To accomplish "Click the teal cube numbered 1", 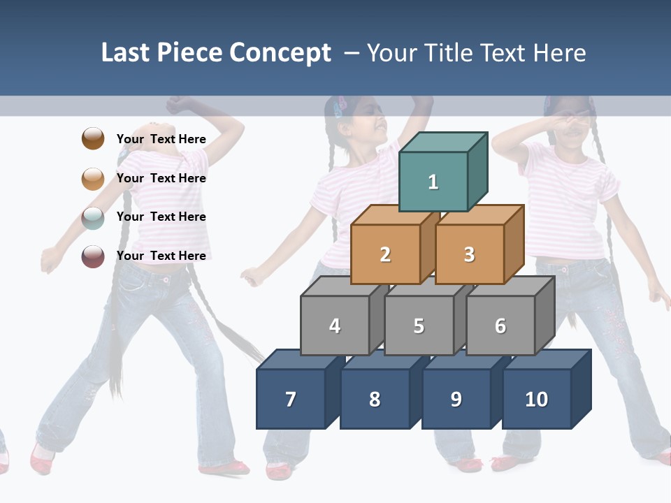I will (433, 182).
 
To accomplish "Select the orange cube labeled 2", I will (385, 254).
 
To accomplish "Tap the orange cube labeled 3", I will (470, 254).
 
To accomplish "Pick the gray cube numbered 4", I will (335, 326).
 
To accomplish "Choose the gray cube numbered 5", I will (419, 326).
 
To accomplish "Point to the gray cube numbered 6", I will (500, 326).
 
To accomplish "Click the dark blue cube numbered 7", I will (291, 399).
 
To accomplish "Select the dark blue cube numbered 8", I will (375, 399).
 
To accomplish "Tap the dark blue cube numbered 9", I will (456, 399).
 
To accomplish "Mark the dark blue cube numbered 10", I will (537, 399).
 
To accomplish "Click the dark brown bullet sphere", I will (93, 138).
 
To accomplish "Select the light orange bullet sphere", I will (93, 179).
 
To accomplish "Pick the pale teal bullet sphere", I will (93, 217).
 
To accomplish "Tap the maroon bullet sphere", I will (93, 256).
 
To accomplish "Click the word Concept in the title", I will (280, 53).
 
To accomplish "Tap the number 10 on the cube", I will (537, 399).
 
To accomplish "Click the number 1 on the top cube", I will (433, 182).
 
